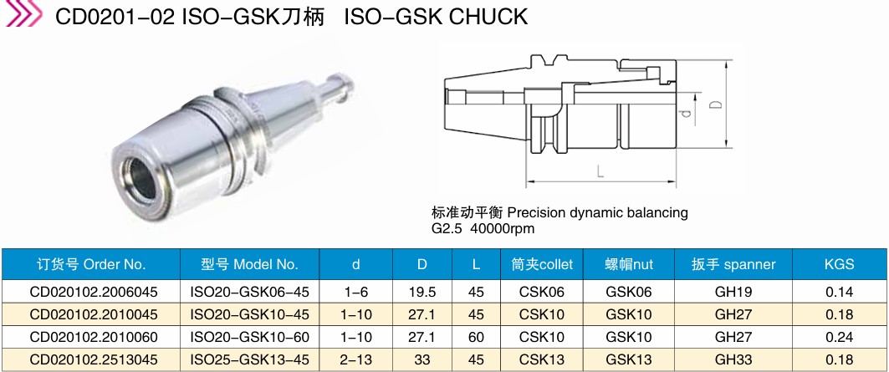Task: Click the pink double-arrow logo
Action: pos(23,13)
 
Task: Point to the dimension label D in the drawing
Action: pos(716,104)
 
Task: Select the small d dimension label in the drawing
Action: pos(687,113)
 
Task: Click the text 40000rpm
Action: pos(503,229)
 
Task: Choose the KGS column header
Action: pos(839,264)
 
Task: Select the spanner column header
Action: pos(733,264)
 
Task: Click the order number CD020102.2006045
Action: pos(94,292)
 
